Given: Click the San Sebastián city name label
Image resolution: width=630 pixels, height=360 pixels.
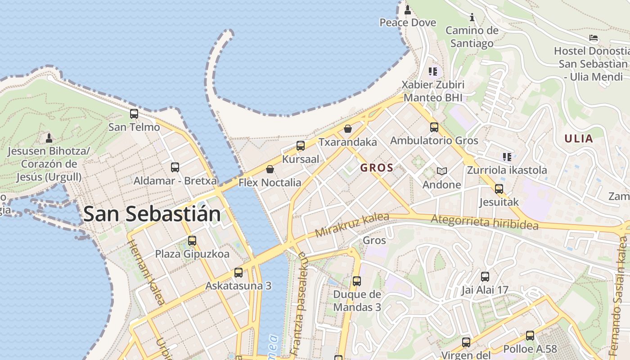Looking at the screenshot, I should click(x=152, y=214).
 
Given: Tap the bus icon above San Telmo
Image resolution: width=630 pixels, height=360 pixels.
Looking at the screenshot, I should click(x=134, y=114).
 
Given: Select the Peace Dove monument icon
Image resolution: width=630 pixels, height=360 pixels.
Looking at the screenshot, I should click(x=408, y=9).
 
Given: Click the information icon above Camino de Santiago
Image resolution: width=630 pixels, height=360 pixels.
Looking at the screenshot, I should click(x=472, y=18).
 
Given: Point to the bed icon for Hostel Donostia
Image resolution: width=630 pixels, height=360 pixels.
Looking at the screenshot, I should click(x=594, y=38).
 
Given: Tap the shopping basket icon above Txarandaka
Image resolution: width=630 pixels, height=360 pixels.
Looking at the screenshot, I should click(x=348, y=129).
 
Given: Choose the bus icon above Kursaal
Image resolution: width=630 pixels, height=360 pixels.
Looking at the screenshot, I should click(x=300, y=146).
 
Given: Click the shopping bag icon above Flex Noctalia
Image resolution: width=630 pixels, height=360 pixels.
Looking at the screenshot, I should click(x=270, y=169).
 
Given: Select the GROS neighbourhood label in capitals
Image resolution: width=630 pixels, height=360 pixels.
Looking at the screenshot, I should click(x=377, y=168).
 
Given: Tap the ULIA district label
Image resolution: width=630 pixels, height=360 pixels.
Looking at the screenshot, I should click(x=579, y=139).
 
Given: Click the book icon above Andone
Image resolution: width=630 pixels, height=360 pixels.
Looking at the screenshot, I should click(x=442, y=171).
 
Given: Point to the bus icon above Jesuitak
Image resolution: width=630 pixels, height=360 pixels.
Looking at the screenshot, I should click(x=499, y=189).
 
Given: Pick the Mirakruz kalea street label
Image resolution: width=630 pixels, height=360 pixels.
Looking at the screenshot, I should click(x=352, y=225).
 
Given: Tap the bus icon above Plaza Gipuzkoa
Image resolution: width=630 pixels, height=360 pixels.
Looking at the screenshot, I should click(x=192, y=240).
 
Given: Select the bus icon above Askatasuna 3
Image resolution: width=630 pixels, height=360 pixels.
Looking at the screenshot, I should click(x=238, y=272).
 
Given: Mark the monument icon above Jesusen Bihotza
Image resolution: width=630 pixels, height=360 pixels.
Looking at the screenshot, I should click(x=49, y=137).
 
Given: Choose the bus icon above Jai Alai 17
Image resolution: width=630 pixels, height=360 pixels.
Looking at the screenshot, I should click(x=485, y=277).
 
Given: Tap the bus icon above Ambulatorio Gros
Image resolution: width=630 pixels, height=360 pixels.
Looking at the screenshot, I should click(x=434, y=127).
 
